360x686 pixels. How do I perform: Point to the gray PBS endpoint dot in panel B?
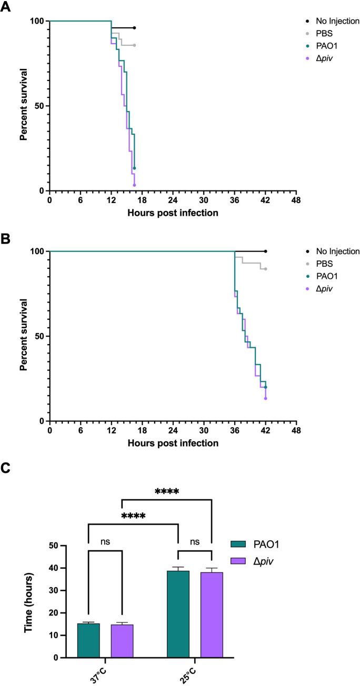tap(265, 269)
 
